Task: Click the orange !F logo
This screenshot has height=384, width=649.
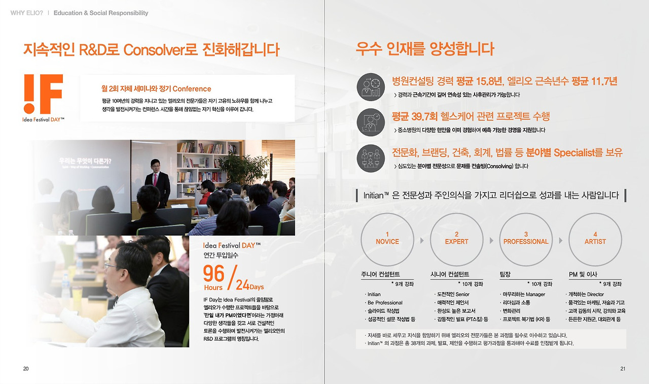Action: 43,94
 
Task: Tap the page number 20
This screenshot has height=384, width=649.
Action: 26,369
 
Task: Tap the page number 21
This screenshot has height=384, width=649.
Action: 623,369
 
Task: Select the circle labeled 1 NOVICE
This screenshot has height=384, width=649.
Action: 387,239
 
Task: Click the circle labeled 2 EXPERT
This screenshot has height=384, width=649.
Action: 456,239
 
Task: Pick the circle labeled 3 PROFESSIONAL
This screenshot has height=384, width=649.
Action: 526,239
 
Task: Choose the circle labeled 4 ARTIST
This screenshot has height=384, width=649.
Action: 595,239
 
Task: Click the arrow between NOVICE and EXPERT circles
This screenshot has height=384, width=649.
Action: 422,240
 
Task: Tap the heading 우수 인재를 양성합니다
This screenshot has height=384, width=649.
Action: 425,50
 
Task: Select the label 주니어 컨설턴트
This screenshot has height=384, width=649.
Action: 380,274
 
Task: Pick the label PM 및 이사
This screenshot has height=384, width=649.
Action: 583,274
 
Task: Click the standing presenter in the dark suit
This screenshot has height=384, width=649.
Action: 157,180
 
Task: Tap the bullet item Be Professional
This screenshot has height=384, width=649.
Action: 385,303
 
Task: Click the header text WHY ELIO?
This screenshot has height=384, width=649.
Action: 27,13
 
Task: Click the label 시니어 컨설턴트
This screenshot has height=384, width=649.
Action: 450,274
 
